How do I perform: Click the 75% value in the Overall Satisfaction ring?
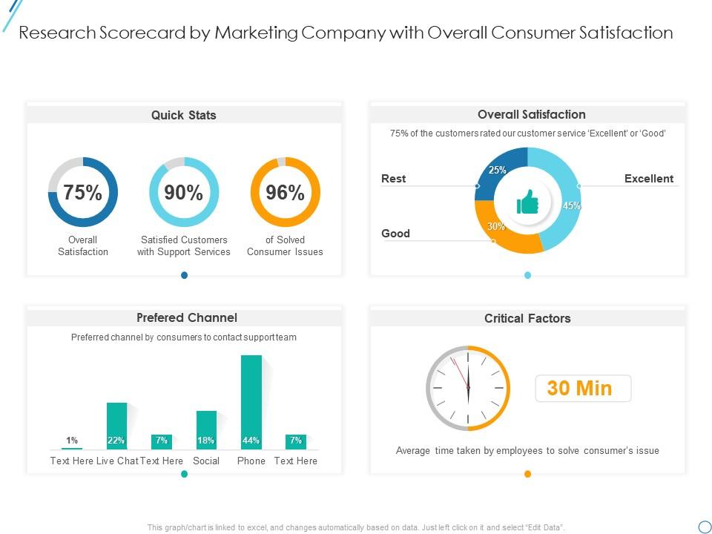pos(82,193)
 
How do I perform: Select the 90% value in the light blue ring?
pos(184,193)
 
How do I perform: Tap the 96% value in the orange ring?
pos(286,193)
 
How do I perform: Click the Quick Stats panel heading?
pos(184,115)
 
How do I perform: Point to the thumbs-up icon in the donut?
pos(527,201)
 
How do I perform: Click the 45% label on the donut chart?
pos(571,206)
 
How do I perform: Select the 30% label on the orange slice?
pos(496,227)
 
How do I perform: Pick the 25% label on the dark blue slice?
pos(497,170)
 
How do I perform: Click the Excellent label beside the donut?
pos(649,179)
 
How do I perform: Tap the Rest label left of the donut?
pos(393,179)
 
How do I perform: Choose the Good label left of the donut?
pos(395,234)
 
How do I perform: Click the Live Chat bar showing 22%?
pos(116,426)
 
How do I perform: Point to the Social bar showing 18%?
pos(206,430)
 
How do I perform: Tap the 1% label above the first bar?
pos(72,441)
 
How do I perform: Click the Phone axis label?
pos(251,461)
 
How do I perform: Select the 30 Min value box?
pos(583,388)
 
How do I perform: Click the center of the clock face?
pos(468,388)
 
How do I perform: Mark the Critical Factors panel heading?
pos(527,318)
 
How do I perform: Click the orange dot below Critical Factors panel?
pos(527,474)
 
